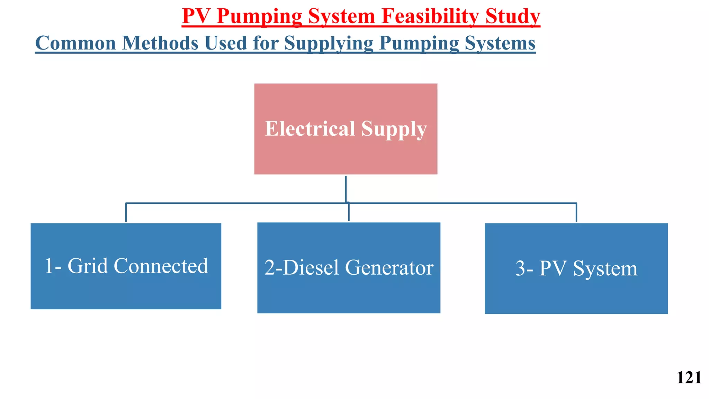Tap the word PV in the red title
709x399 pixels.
click(196, 16)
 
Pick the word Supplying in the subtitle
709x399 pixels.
click(329, 44)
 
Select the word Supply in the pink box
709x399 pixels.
click(394, 129)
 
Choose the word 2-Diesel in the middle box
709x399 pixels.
click(302, 268)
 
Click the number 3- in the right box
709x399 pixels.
click(524, 268)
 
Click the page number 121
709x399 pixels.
click(689, 378)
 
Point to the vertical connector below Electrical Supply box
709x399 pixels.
click(346, 189)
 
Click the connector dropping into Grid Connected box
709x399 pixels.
click(126, 212)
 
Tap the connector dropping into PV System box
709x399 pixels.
click(576, 212)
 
